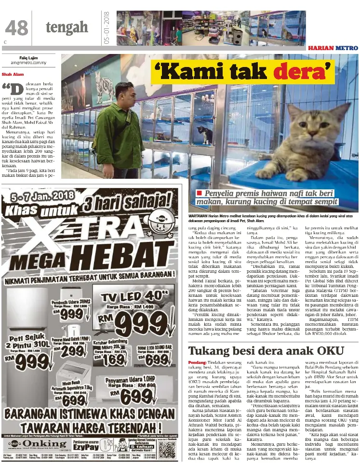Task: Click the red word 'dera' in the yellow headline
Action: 303,72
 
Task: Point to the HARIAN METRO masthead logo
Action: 333,48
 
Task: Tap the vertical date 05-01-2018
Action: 106,27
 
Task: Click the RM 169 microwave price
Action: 114,359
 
